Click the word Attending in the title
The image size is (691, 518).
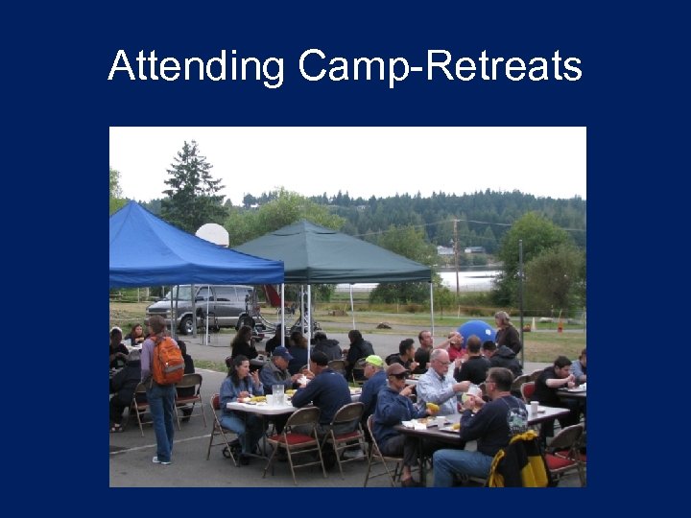point(197,67)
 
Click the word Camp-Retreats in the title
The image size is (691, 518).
point(440,67)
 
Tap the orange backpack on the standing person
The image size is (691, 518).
point(167,362)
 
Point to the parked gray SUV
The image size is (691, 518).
point(202,307)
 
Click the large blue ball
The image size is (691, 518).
point(477,332)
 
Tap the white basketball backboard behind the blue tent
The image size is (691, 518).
point(212,234)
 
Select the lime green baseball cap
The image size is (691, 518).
point(372,362)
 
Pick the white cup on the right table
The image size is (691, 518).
point(533,408)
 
